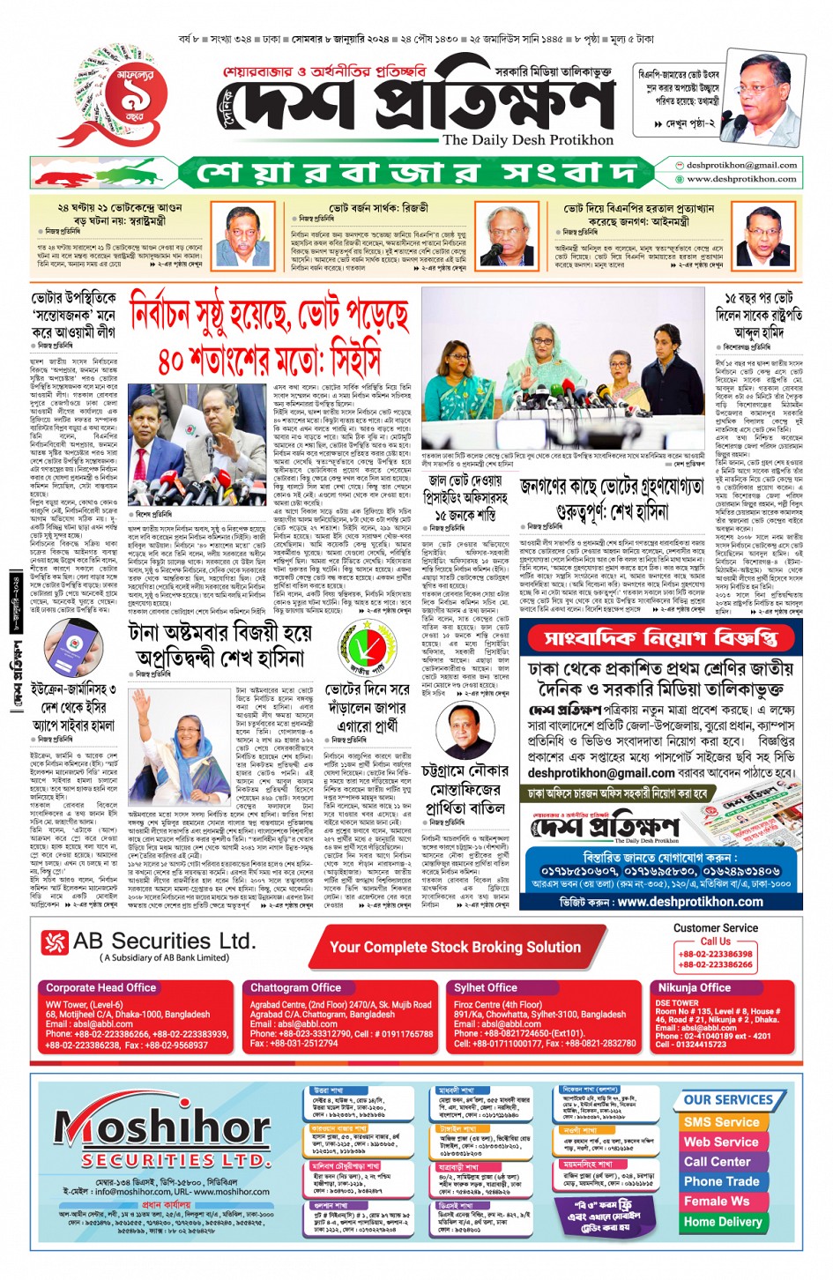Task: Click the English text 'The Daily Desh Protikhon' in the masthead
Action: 527,140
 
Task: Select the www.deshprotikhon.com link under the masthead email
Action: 741,179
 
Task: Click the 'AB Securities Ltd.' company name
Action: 164,941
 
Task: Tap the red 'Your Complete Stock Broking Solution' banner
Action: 455,948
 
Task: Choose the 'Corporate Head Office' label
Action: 100,988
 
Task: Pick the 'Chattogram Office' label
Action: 295,988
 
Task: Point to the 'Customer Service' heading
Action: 715,928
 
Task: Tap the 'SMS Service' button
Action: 721,1122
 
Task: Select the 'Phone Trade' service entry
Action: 721,1181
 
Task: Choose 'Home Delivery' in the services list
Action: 722,1222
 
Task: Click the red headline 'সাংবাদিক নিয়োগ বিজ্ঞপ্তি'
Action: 673,637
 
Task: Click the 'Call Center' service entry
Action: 718,1162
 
